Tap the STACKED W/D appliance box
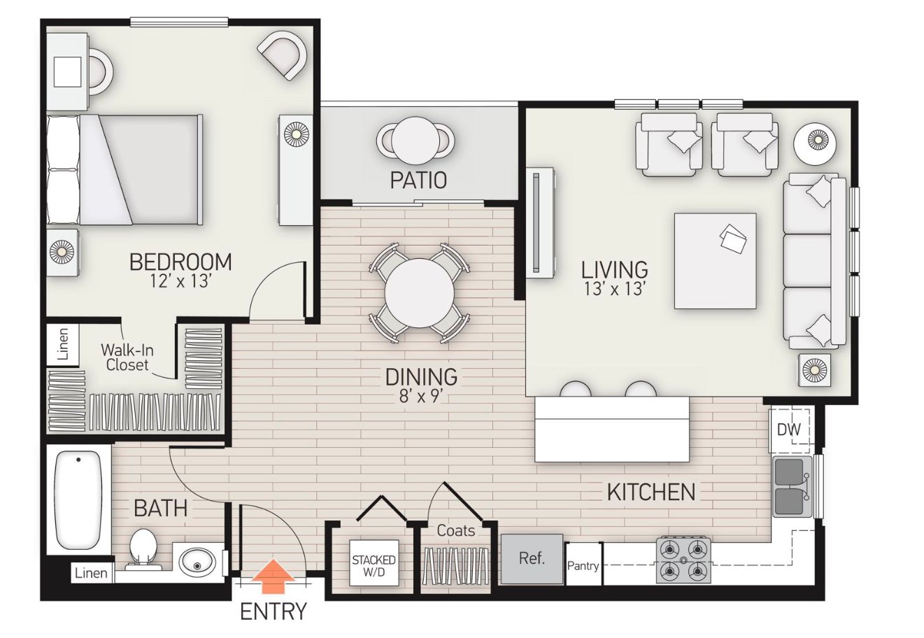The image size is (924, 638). click(x=374, y=565)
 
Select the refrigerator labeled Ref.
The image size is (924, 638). click(x=532, y=559)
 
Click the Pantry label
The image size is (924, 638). click(x=583, y=565)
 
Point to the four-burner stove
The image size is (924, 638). click(x=683, y=560)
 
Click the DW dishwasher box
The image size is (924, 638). click(x=789, y=429)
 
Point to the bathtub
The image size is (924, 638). click(x=78, y=499)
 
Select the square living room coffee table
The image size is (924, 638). click(x=715, y=261)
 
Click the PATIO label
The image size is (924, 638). click(x=418, y=180)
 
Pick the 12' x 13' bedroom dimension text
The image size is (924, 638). click(x=180, y=281)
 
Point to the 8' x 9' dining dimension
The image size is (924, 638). click(x=421, y=396)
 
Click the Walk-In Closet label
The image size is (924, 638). click(x=127, y=357)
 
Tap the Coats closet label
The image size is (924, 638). click(x=455, y=531)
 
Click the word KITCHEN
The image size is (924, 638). click(x=651, y=492)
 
